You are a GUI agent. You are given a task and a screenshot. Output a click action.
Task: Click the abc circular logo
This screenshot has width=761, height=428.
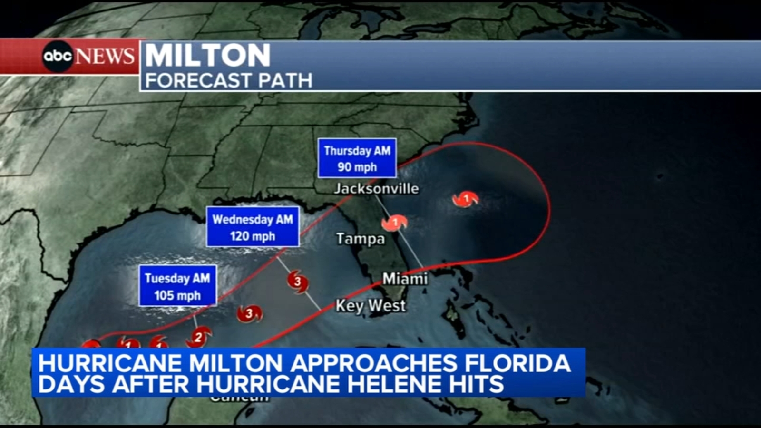point(58,57)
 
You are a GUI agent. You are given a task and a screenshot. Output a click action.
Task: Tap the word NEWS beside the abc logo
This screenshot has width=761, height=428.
point(105,56)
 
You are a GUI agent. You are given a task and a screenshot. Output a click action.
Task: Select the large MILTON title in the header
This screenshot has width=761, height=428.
point(208,55)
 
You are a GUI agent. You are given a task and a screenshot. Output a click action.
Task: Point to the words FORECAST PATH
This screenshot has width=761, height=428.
point(229,80)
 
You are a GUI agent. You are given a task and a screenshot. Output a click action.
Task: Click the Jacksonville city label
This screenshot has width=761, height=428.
point(376,189)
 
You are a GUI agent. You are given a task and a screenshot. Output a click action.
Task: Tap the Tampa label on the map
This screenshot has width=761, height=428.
point(361,239)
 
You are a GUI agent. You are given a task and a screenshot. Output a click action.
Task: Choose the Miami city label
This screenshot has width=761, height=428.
point(405,279)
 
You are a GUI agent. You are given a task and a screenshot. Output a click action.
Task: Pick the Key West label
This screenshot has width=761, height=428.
point(371,306)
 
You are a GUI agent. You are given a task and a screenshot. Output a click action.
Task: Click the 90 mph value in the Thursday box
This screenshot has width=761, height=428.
point(357,167)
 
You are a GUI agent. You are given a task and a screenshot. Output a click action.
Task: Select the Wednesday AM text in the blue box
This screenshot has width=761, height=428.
point(253,219)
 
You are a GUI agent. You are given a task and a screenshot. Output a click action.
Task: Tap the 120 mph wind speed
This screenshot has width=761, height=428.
point(253,236)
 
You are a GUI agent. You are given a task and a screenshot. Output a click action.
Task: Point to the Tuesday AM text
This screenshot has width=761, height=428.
point(177,278)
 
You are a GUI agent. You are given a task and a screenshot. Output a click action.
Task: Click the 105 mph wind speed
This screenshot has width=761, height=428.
point(177,296)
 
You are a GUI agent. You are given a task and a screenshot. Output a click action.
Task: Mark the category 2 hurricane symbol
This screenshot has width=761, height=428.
point(198,337)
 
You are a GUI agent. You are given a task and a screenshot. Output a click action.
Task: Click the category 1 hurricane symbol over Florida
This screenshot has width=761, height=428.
point(395,223)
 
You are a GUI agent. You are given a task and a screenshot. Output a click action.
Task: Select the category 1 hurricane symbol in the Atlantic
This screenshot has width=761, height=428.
point(466,199)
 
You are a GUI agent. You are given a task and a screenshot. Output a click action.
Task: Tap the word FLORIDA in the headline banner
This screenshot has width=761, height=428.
point(517,363)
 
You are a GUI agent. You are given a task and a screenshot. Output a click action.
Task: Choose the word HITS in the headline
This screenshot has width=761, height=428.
point(480,384)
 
